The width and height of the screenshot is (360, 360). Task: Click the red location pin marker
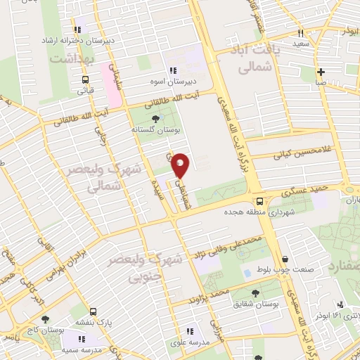[181, 165]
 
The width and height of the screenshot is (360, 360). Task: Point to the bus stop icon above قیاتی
[85, 79]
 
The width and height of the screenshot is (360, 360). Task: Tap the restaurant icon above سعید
[300, 33]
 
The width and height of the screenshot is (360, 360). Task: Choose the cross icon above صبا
[321, 72]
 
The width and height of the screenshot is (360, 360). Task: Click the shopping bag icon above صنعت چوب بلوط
[284, 258]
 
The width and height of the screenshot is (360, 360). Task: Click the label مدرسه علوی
[188, 342]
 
